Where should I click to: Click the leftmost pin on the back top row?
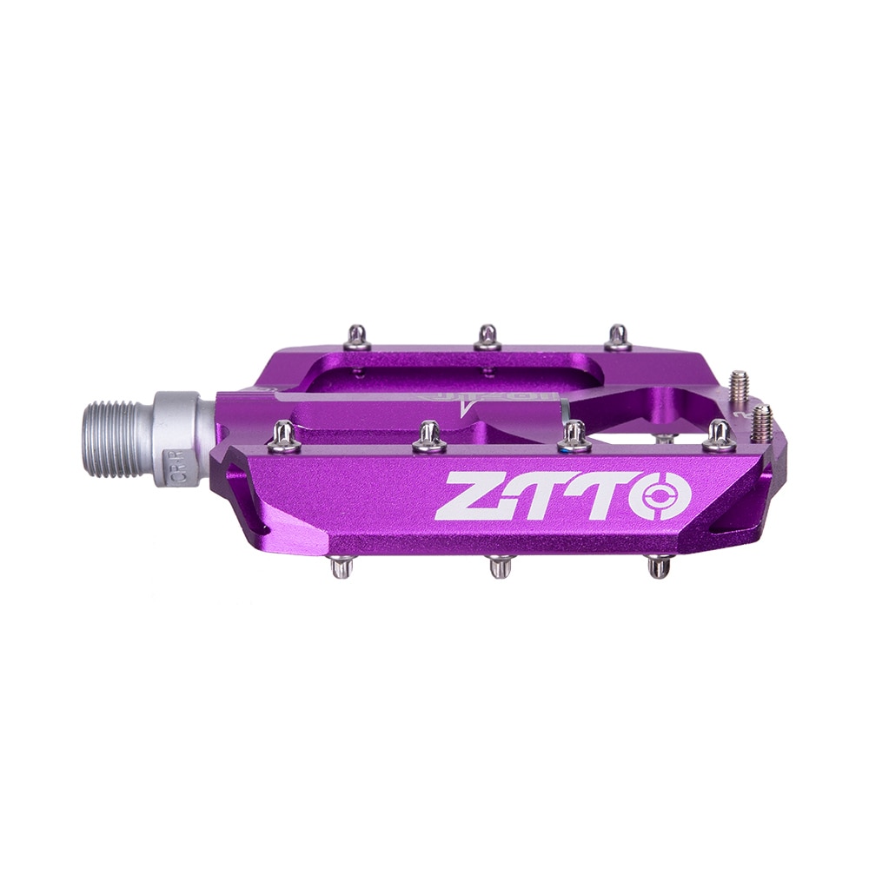[357, 336]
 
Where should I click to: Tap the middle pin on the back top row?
[488, 336]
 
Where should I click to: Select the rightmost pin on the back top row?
[618, 336]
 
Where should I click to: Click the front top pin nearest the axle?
[283, 437]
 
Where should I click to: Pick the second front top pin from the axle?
[429, 437]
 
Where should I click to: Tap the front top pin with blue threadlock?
[574, 437]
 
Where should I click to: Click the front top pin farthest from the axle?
[719, 436]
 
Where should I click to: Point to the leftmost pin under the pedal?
[342, 567]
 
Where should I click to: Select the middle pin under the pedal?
[501, 567]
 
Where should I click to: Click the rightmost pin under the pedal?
[660, 567]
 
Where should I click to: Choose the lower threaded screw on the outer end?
[762, 422]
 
